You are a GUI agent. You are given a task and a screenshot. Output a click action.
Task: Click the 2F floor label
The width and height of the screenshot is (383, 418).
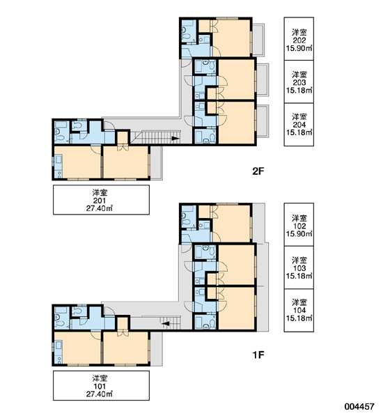click(258, 171)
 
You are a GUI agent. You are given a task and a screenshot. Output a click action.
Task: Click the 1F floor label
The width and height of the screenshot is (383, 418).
click(258, 355)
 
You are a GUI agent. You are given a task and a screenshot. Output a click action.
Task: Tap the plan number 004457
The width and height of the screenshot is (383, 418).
click(359, 406)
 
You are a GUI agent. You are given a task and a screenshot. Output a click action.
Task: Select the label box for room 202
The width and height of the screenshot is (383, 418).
click(299, 38)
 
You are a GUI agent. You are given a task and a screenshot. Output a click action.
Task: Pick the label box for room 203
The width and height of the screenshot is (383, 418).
click(299, 82)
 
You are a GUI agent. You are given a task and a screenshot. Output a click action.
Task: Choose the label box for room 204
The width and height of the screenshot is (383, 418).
click(299, 125)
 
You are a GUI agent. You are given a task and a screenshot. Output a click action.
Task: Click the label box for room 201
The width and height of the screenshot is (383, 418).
click(101, 200)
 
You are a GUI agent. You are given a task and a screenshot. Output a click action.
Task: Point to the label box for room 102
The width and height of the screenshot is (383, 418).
click(299, 224)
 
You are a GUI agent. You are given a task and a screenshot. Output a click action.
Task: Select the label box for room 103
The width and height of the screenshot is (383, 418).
click(299, 268)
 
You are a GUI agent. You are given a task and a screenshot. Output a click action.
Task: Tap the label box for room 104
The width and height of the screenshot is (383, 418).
click(299, 310)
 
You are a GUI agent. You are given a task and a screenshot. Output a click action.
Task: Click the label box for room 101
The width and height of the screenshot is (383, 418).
click(101, 385)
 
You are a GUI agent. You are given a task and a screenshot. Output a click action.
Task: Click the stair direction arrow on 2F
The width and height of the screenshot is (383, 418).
click(175, 139)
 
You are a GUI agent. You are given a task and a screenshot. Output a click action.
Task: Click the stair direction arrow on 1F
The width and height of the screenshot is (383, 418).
click(166, 324)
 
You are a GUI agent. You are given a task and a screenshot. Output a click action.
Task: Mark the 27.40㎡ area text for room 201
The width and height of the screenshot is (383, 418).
click(99, 208)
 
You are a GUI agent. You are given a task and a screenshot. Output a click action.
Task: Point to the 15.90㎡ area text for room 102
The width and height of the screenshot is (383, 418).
click(299, 234)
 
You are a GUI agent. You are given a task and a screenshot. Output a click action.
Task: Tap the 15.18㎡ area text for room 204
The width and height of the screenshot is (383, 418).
click(299, 132)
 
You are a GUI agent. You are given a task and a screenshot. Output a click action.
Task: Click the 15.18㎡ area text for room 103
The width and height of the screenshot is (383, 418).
click(299, 276)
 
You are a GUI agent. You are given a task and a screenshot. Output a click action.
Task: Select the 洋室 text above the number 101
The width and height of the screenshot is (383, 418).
click(100, 378)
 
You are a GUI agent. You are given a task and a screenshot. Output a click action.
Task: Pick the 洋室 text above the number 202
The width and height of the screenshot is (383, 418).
click(299, 33)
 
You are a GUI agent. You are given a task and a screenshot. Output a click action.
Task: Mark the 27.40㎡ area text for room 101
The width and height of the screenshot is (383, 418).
click(99, 394)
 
